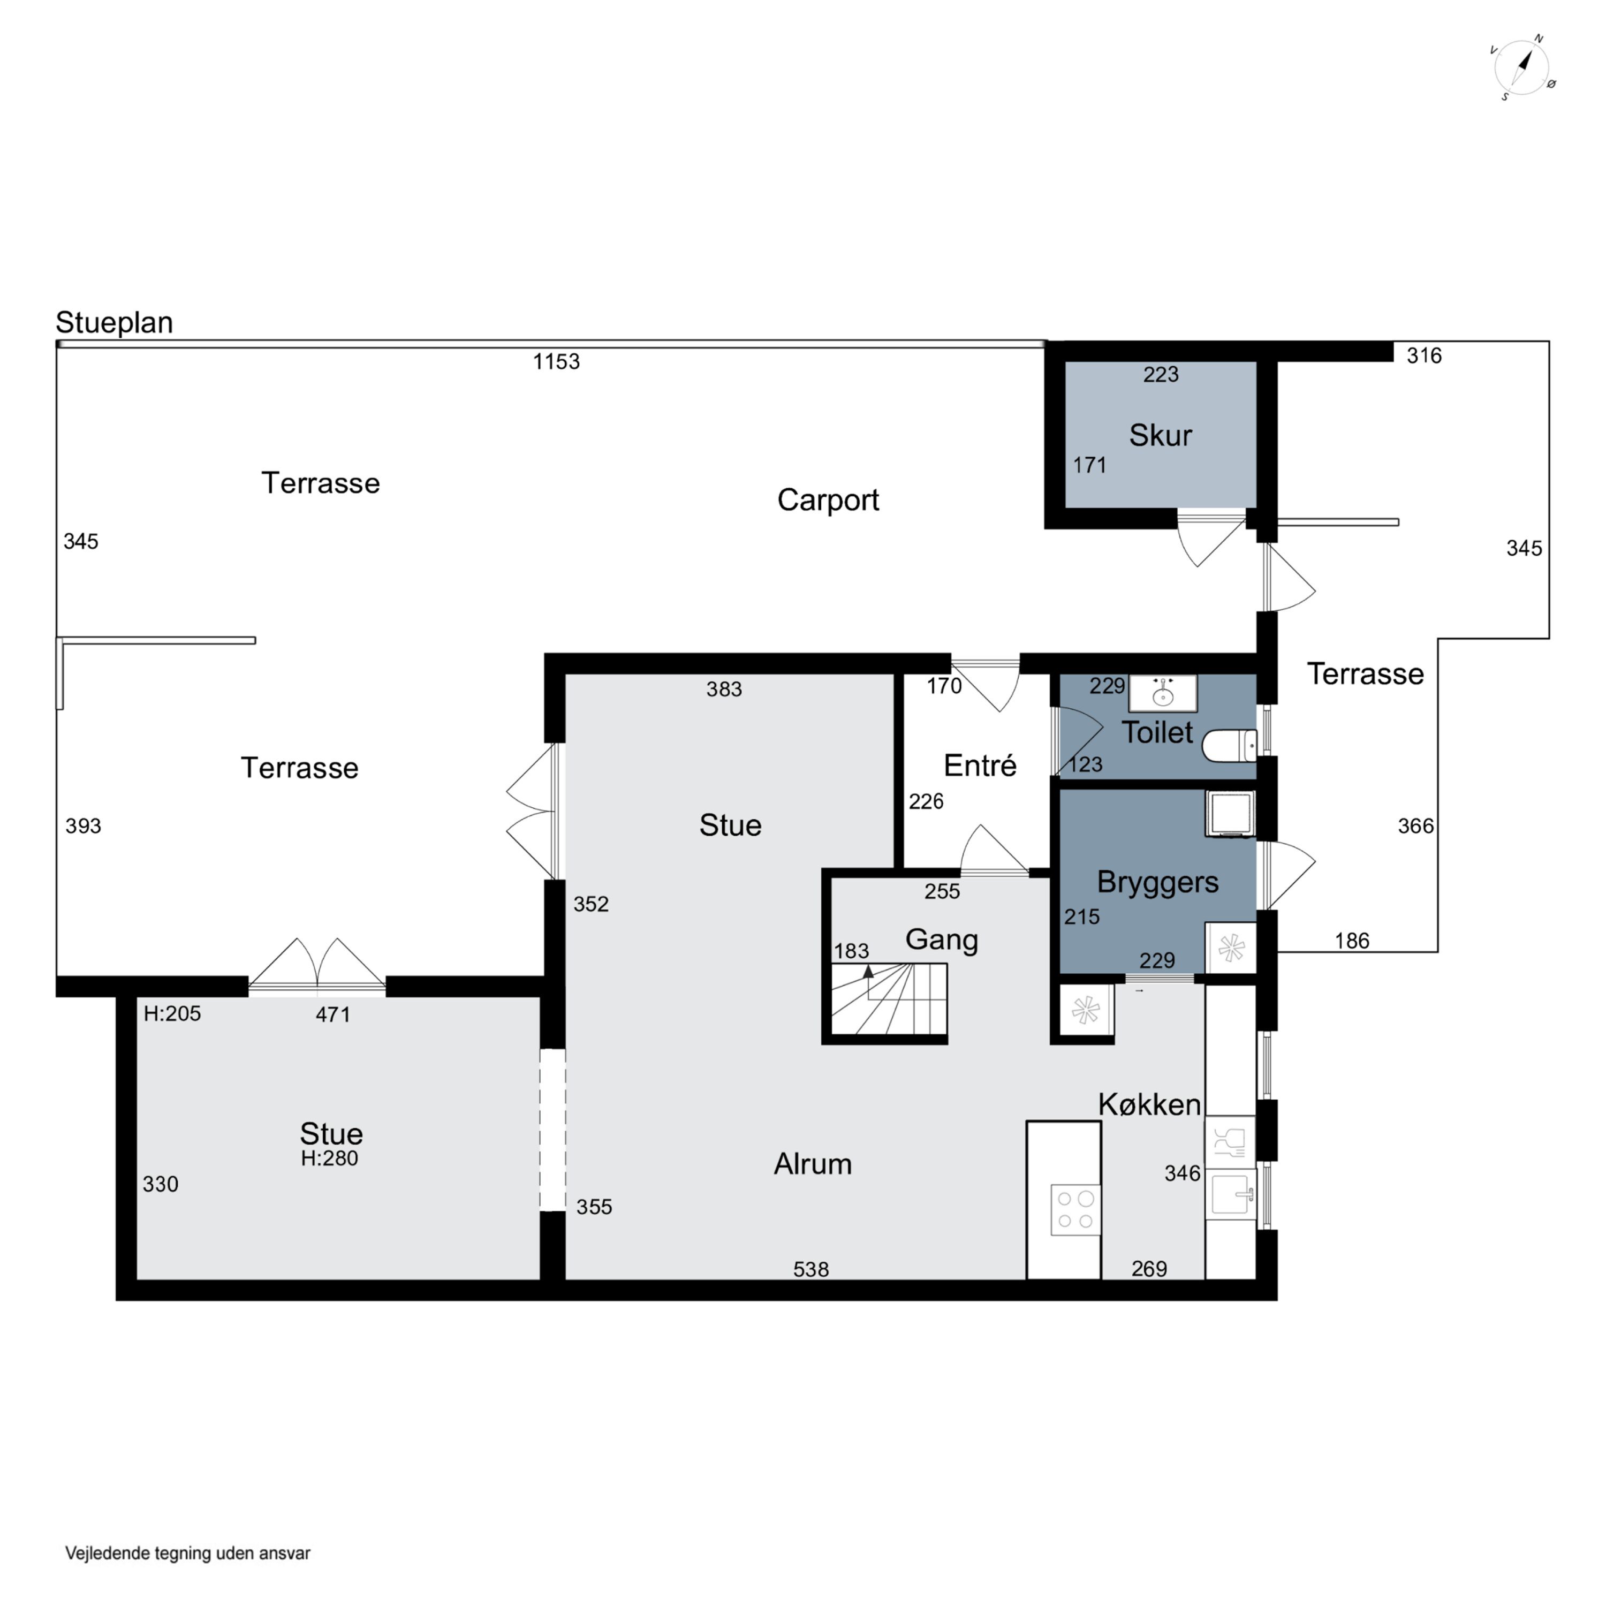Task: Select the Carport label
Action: (828, 499)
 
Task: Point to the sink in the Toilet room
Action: (1162, 692)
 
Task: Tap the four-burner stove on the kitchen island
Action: (1075, 1209)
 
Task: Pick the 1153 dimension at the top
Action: (556, 361)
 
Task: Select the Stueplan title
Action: (114, 322)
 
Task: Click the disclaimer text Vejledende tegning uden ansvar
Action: (188, 1553)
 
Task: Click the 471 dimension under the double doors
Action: (332, 1014)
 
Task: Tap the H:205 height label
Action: (172, 1013)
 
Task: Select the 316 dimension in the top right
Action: (1424, 356)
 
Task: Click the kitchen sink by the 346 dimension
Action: (1230, 1194)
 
